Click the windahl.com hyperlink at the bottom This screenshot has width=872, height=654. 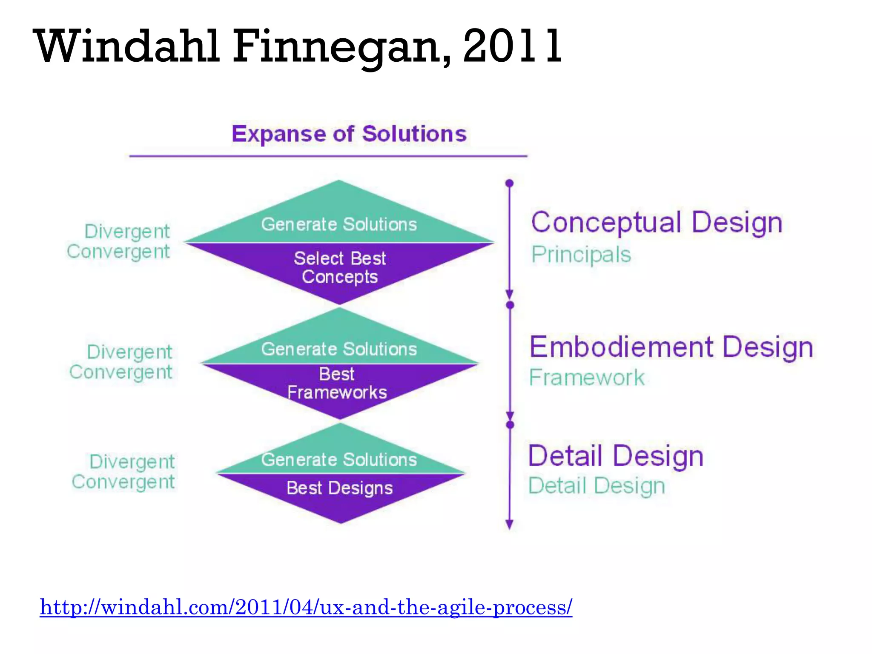(306, 606)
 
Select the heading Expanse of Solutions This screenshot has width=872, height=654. (349, 134)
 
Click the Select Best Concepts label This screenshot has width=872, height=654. (340, 267)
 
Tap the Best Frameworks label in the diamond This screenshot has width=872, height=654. (337, 383)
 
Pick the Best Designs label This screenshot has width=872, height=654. (339, 488)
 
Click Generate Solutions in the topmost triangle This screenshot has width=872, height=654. (339, 224)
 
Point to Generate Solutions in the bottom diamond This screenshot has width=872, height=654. (339, 460)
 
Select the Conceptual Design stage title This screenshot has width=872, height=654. (657, 222)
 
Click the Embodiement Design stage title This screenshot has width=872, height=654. (671, 347)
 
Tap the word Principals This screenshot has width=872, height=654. (581, 255)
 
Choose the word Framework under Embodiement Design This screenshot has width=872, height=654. (587, 378)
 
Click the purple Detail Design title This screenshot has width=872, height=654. (616, 456)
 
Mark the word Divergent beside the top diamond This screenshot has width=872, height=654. (127, 232)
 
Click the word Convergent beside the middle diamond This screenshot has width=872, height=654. (120, 372)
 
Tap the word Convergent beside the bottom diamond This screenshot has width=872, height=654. (123, 482)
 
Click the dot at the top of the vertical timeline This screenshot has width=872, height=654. (509, 184)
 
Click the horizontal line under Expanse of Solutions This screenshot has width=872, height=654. (328, 156)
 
